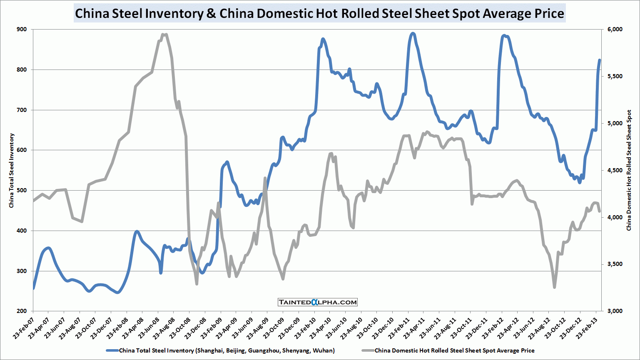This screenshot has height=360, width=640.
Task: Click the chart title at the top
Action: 319,13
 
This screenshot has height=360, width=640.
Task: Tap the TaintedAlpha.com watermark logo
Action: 317,302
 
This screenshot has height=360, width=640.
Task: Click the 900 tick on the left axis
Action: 21,30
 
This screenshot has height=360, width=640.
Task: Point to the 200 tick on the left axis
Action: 21,311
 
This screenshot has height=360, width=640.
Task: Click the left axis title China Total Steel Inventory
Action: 12,170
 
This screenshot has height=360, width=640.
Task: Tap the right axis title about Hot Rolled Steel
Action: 629,170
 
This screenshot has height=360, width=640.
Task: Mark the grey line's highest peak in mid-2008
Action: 165,35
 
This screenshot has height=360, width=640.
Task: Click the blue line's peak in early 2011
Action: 413,33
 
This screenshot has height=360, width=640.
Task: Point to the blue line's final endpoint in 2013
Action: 600,60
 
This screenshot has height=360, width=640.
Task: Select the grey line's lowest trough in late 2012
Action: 554,287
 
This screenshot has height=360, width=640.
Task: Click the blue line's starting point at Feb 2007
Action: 33,288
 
